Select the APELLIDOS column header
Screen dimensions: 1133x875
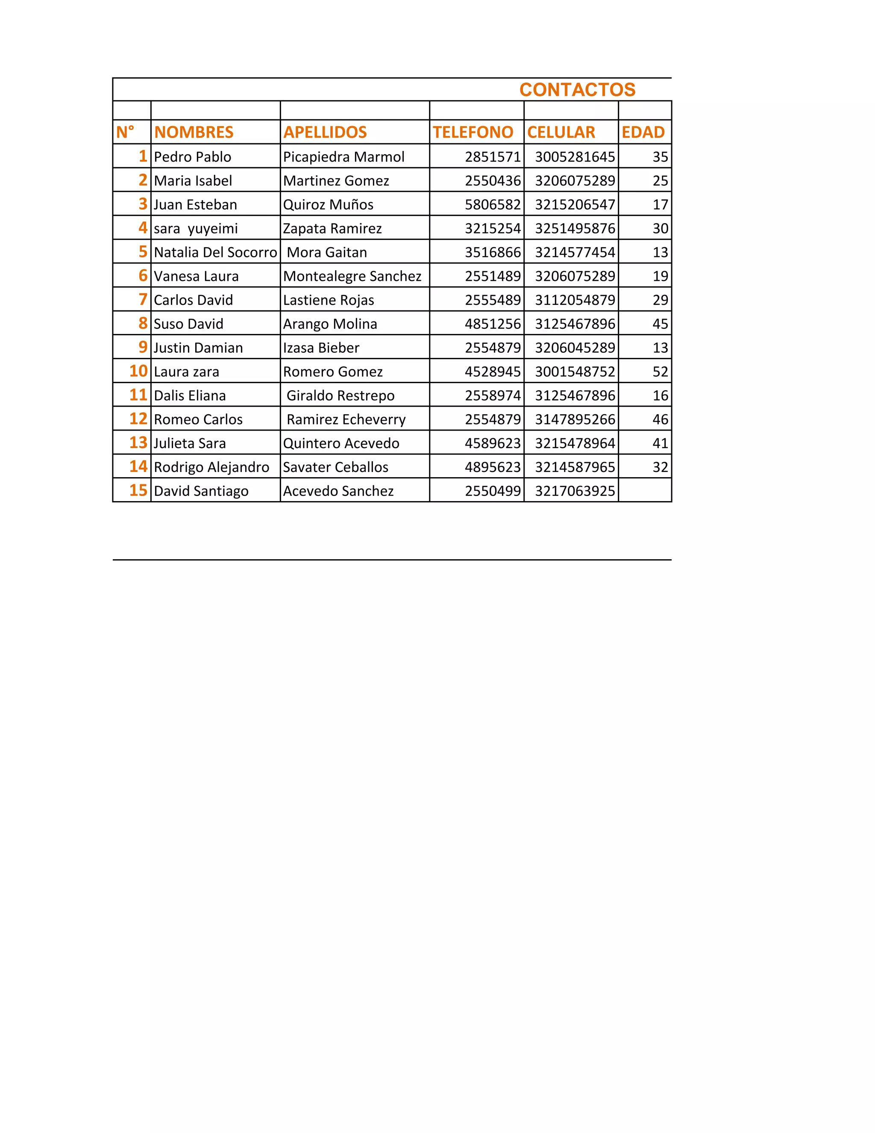tap(325, 132)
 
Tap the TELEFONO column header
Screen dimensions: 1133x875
tap(473, 132)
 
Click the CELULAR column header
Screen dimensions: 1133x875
tap(561, 132)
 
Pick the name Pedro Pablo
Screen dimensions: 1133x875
tap(192, 156)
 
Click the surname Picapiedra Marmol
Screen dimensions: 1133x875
tap(344, 156)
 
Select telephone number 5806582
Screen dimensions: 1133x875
tap(493, 204)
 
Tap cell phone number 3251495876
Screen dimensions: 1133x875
tap(575, 228)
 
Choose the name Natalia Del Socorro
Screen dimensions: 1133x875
tap(215, 252)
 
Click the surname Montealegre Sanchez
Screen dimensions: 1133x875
tap(352, 276)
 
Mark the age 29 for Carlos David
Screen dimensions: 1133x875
tap(660, 300)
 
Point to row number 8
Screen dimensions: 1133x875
tap(143, 323)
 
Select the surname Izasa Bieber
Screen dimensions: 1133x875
tap(321, 348)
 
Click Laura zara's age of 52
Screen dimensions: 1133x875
tap(660, 372)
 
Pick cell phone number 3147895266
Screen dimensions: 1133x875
tap(575, 419)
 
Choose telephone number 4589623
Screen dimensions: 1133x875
tap(493, 443)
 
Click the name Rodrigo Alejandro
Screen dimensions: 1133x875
tap(211, 467)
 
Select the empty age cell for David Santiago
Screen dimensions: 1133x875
tap(645, 490)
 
